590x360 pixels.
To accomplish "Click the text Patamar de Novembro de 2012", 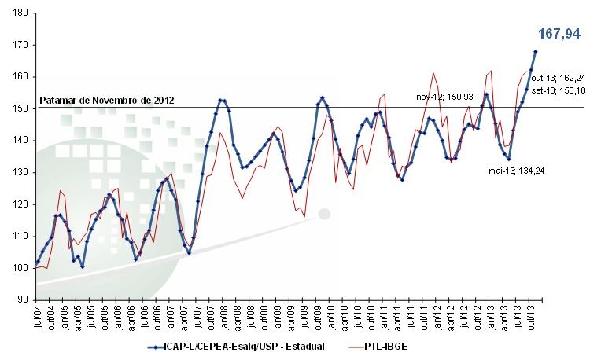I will tap(105, 101).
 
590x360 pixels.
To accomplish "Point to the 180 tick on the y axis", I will tap(21, 13).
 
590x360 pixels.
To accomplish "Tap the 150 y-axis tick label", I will tap(21, 108).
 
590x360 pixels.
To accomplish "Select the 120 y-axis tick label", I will tap(21, 204).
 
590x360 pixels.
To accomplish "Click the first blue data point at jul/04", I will tap(37, 262).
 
